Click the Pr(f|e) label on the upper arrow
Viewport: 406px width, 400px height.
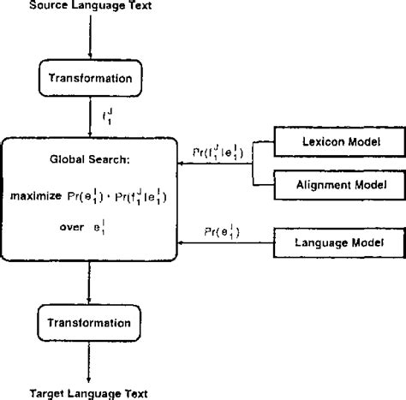[x=216, y=155]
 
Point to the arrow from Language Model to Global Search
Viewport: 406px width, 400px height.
[x=223, y=245]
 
